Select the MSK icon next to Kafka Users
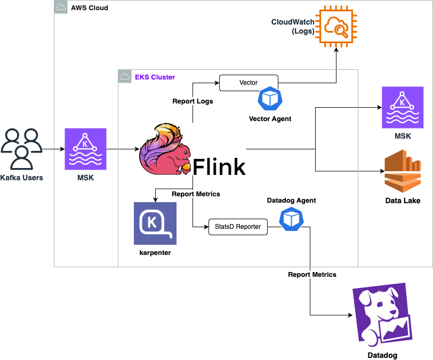pyautogui.click(x=85, y=149)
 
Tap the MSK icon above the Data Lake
pyautogui.click(x=403, y=108)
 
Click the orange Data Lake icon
pyautogui.click(x=403, y=171)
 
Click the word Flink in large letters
pyautogui.click(x=219, y=167)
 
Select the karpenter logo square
pyautogui.click(x=155, y=223)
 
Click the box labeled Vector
pyautogui.click(x=249, y=83)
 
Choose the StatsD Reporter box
pyautogui.click(x=238, y=227)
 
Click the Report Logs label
pyautogui.click(x=193, y=101)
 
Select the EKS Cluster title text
pyautogui.click(x=155, y=77)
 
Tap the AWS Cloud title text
pyautogui.click(x=89, y=8)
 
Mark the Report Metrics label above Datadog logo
pyautogui.click(x=312, y=275)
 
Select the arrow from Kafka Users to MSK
pyautogui.click(x=52, y=149)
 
